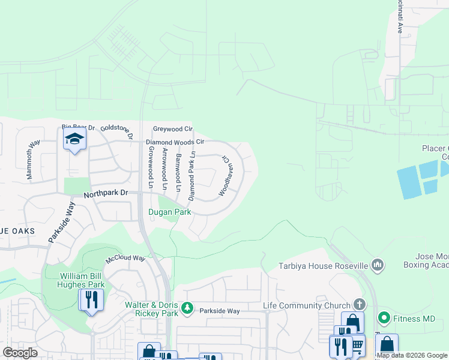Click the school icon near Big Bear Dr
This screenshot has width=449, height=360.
[74, 139]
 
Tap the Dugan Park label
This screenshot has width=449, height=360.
[170, 212]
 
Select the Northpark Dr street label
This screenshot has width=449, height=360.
[106, 193]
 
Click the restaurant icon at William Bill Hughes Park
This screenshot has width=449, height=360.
[91, 299]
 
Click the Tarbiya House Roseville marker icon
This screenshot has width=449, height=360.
[378, 265]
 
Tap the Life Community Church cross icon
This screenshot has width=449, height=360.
[360, 305]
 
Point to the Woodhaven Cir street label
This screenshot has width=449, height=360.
[224, 176]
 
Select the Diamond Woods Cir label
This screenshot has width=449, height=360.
[175, 142]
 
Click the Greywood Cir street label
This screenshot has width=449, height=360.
[172, 128]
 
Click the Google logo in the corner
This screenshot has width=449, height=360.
[20, 353]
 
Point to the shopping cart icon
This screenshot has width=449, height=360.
[358, 345]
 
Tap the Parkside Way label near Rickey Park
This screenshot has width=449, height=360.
[220, 311]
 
